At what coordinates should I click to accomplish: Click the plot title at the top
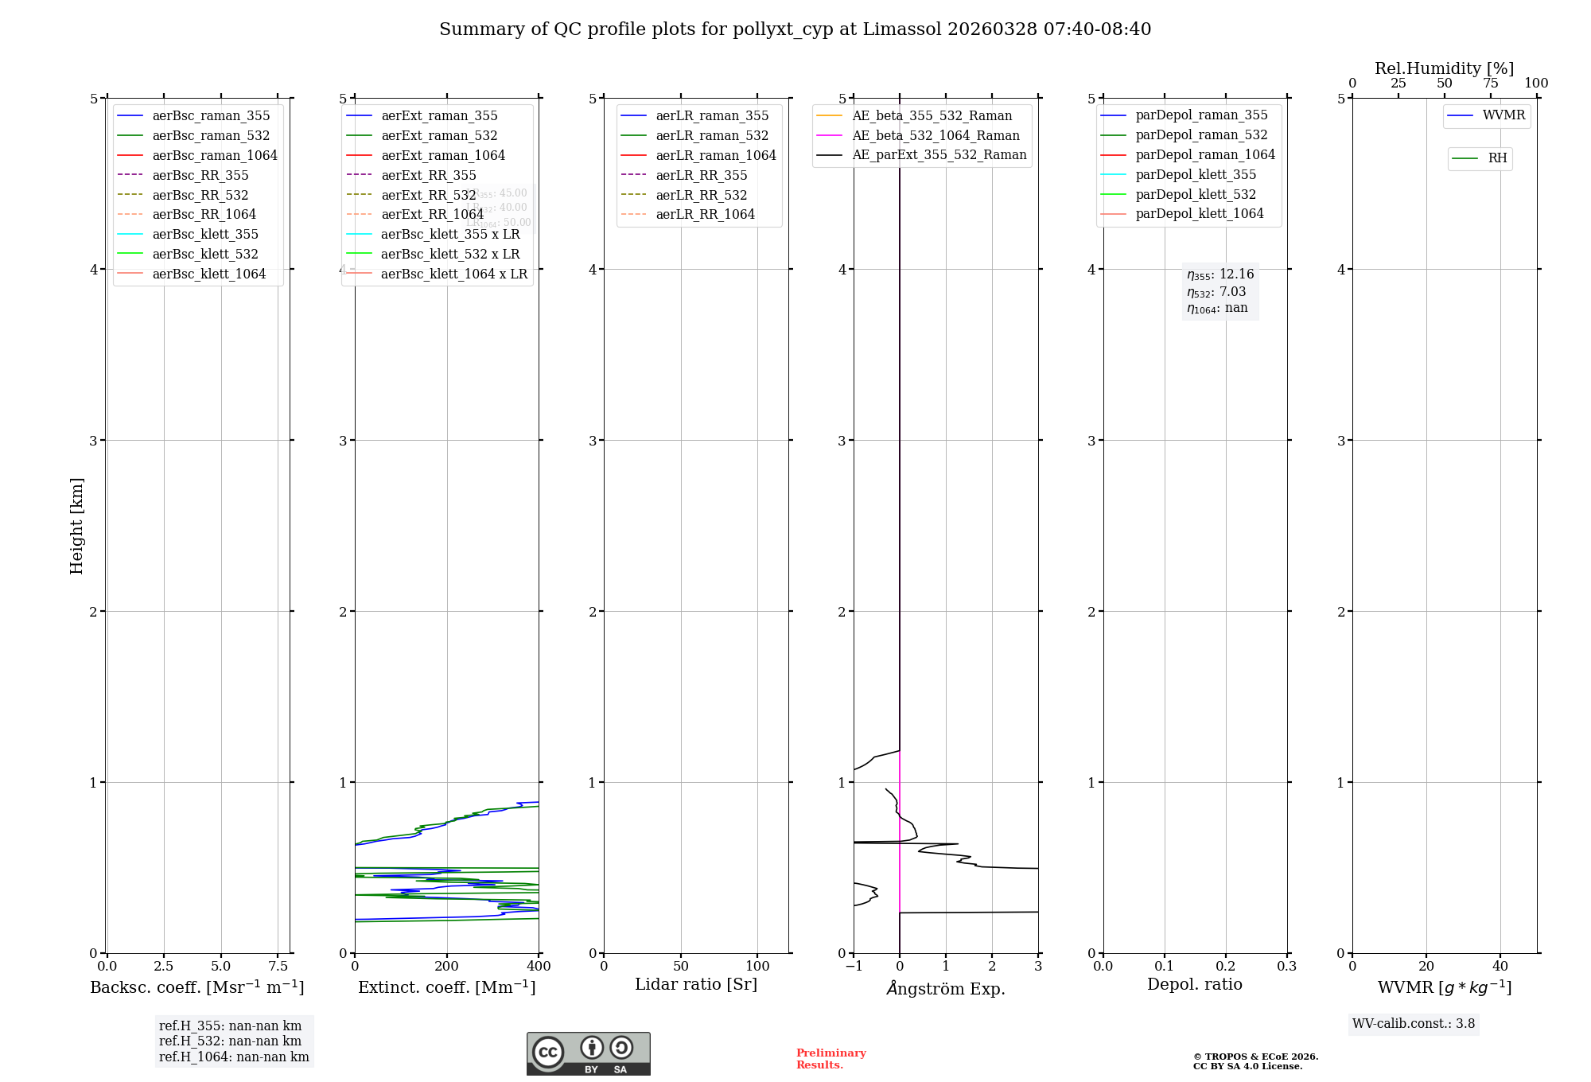click(795, 29)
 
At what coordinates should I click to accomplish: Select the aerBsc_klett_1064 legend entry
click(208, 274)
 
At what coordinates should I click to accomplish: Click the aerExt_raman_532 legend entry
click(439, 135)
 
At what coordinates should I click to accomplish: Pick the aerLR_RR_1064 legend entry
click(705, 214)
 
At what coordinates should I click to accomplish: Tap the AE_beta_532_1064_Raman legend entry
click(936, 135)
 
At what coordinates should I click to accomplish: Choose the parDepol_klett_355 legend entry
click(1196, 174)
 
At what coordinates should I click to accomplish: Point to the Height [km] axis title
click(76, 525)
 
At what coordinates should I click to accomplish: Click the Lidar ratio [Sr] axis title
click(696, 984)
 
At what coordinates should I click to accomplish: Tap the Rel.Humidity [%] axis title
click(1444, 68)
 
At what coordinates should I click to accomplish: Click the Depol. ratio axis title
click(1194, 984)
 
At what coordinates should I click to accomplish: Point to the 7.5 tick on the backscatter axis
click(278, 966)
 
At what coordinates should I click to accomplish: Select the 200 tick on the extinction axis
click(447, 966)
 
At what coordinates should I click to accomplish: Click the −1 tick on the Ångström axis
click(854, 966)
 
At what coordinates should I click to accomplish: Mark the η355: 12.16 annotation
click(1220, 274)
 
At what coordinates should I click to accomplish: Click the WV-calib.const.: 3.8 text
click(1414, 1024)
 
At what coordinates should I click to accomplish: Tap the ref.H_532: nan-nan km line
click(230, 1041)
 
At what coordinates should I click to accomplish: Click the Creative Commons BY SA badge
click(588, 1053)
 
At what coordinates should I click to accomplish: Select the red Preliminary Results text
click(831, 1059)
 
